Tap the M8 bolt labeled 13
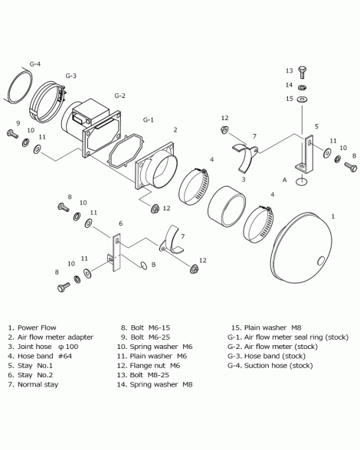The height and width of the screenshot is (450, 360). point(303,72)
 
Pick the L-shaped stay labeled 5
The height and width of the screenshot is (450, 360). point(306,155)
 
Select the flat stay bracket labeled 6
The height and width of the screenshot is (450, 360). point(115,253)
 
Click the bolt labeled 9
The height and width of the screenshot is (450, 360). point(12,134)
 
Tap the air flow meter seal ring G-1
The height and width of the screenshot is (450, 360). point(126,150)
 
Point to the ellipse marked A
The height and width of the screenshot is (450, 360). point(301,181)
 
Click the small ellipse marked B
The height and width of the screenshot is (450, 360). point(144,266)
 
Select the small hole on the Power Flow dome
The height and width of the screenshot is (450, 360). point(321,261)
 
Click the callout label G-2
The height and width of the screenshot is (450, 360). point(119,96)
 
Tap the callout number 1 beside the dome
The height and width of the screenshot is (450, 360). point(333,216)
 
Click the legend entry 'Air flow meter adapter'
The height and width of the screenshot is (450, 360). point(55,337)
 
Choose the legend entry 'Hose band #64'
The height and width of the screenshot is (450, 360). point(45,356)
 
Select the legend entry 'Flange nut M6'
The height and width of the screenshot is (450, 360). point(155,366)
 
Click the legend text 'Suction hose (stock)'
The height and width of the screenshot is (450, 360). point(278,366)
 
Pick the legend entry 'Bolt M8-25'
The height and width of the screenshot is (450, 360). point(149,375)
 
